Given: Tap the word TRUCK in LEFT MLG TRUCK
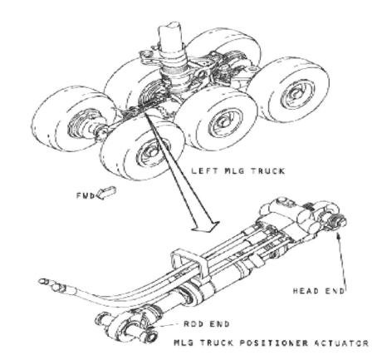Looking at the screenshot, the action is coord(268,170).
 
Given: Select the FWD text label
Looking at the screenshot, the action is coord(86,195).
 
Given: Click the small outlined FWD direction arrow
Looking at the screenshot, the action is coord(105,193).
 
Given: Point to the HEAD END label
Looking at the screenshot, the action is coord(319,291).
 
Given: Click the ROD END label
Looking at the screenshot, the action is coord(207,323).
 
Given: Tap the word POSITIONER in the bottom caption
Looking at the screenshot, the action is coord(273,343).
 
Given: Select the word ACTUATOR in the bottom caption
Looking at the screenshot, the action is coord(341,343).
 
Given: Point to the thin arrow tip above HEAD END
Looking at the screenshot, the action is coord(337,234).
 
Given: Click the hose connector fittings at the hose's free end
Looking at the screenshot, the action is coord(52,285).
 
